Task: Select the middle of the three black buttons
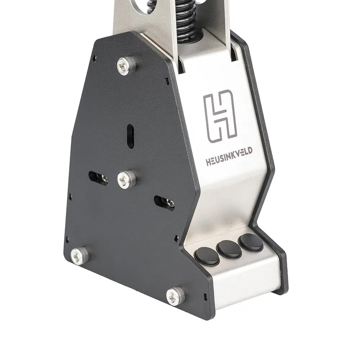pos(229,249)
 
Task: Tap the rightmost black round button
pos(251,242)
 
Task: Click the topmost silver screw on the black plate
pos(127,66)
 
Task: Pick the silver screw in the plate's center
pos(127,179)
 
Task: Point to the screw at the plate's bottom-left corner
pos(79,256)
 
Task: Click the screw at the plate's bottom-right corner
pos(176,296)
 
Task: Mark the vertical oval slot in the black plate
pos(130,136)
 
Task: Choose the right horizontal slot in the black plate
pos(164,203)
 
